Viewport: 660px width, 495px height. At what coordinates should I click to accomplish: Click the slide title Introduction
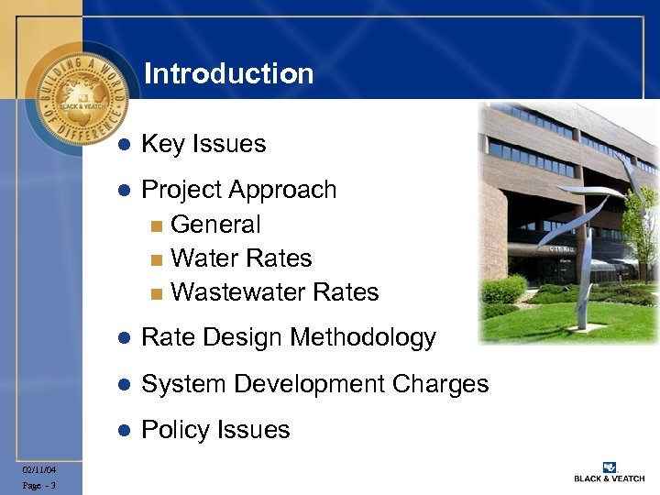click(x=228, y=74)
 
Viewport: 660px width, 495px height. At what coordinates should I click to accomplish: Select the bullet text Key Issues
click(x=203, y=144)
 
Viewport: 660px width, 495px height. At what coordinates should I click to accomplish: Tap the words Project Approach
click(x=239, y=190)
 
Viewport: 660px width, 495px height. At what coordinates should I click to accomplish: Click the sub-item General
click(x=215, y=224)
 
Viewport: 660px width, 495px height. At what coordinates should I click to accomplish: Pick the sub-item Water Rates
click(x=241, y=258)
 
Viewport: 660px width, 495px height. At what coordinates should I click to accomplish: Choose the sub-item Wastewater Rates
click(x=274, y=292)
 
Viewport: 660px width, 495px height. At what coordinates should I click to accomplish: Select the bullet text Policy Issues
click(x=215, y=430)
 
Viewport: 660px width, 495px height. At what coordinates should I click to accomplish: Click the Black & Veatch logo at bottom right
click(x=609, y=471)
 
